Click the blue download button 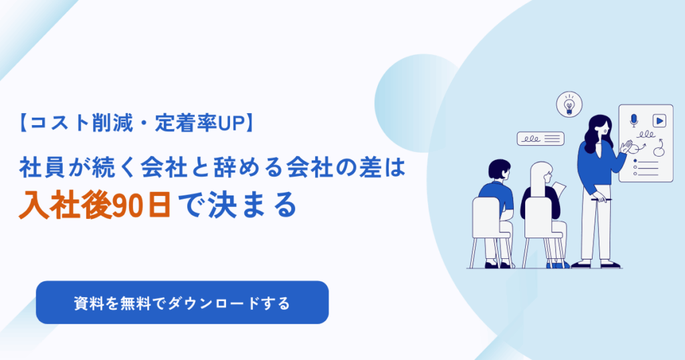(182, 302)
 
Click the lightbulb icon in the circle (569, 104)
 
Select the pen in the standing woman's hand (600, 197)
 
